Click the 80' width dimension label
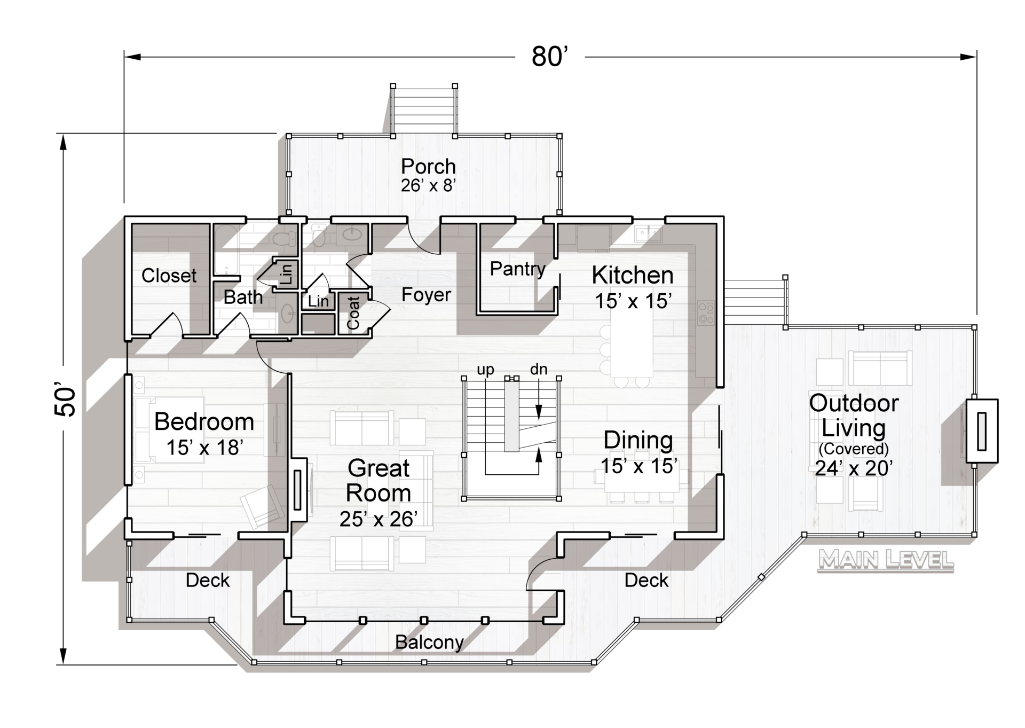549,56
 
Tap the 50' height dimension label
66,401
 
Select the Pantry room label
518,269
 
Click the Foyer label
426,294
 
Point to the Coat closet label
353,313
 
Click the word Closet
169,276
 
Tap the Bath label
243,297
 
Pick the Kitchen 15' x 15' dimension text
633,301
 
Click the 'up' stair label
485,370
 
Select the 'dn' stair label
539,369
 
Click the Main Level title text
886,560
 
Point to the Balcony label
429,643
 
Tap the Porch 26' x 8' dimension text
428,185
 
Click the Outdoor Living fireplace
982,430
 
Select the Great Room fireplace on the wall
298,489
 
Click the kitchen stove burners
706,313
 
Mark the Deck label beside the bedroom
208,580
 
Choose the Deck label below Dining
646,580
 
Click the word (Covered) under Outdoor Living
854,449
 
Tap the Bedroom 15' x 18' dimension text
204,448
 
